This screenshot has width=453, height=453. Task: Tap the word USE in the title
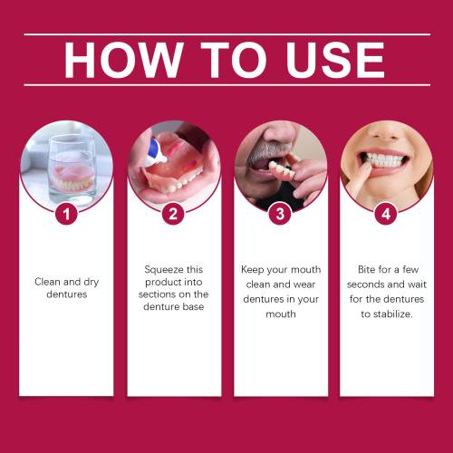click(335, 60)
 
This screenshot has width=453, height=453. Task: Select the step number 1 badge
click(66, 214)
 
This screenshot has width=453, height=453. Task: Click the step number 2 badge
click(173, 214)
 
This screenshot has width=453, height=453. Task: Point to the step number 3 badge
click(280, 214)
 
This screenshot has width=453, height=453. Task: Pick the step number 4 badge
click(386, 214)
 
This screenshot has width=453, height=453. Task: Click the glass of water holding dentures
click(72, 169)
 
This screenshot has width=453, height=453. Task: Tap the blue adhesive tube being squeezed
click(155, 152)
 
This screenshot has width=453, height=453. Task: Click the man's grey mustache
click(262, 152)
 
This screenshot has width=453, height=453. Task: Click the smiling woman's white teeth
click(384, 160)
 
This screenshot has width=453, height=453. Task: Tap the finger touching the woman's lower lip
click(360, 178)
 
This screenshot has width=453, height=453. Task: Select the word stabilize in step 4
click(392, 314)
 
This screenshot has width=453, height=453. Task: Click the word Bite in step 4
click(366, 269)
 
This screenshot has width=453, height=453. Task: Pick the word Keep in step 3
click(252, 270)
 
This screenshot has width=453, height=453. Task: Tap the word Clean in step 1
click(48, 282)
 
